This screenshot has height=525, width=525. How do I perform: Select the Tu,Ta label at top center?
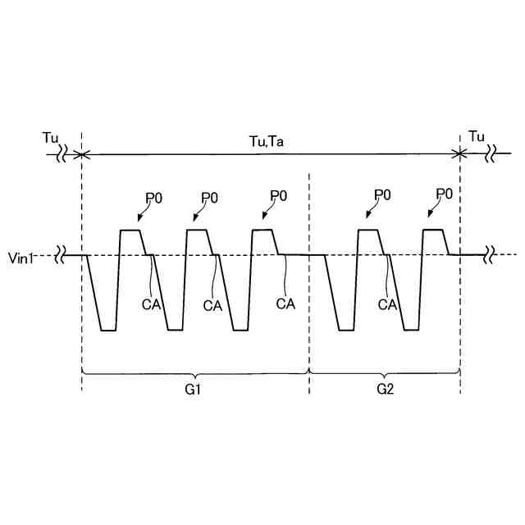pos(267,140)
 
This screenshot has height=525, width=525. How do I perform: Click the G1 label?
pos(194,390)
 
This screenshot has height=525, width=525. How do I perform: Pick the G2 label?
pos(385,390)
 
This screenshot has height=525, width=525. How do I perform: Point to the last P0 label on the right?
pos(445,194)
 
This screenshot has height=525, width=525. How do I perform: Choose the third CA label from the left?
pos(285,304)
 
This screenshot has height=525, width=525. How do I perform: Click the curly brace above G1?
pos(195,373)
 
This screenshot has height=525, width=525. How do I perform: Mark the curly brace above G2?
pos(385,373)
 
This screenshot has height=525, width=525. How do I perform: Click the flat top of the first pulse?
pos(131,231)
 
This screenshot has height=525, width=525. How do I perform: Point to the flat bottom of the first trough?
pos(107,330)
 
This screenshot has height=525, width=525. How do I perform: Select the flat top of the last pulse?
pos(433,231)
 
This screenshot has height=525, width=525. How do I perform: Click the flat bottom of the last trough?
pos(410,330)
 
